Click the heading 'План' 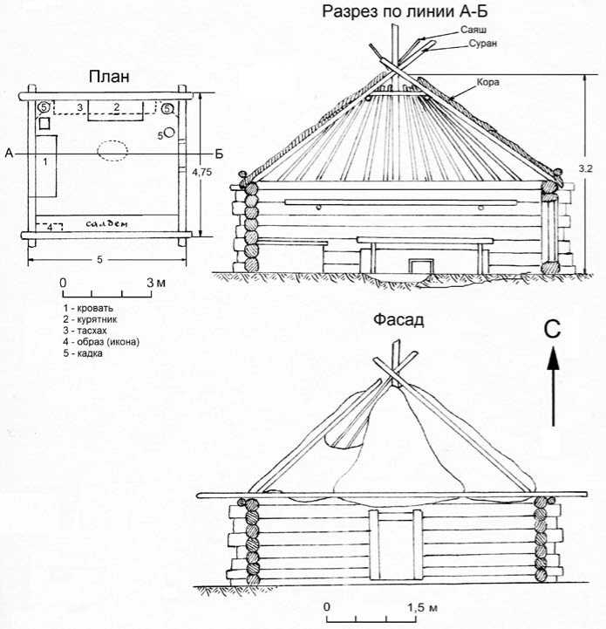coord(109,77)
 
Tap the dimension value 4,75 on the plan coord(201,174)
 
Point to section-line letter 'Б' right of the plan coord(219,154)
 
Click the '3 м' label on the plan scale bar coord(156,283)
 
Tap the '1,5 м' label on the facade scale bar coord(421,605)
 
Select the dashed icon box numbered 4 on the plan coord(54,227)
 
